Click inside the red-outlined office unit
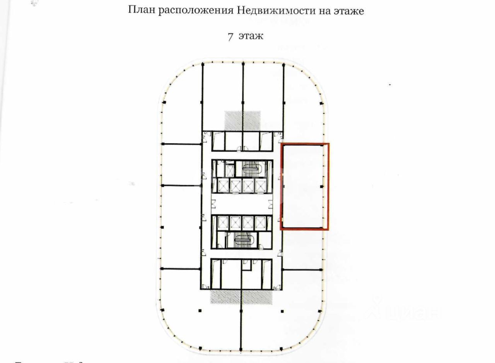304,186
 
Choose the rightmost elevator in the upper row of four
261,186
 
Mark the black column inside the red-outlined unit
322,187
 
